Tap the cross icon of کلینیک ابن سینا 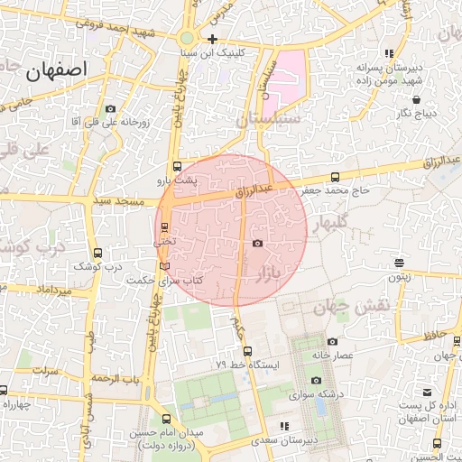tap(212, 39)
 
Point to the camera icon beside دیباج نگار tap(400, 113)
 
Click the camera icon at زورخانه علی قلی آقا tap(110, 107)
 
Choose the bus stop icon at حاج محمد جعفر tap(336, 177)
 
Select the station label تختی tap(164, 241)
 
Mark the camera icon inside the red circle tap(257, 244)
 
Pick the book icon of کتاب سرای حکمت tap(163, 266)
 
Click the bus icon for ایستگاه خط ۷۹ tap(247, 351)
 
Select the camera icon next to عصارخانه tap(332, 341)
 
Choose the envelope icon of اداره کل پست tap(428, 392)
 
